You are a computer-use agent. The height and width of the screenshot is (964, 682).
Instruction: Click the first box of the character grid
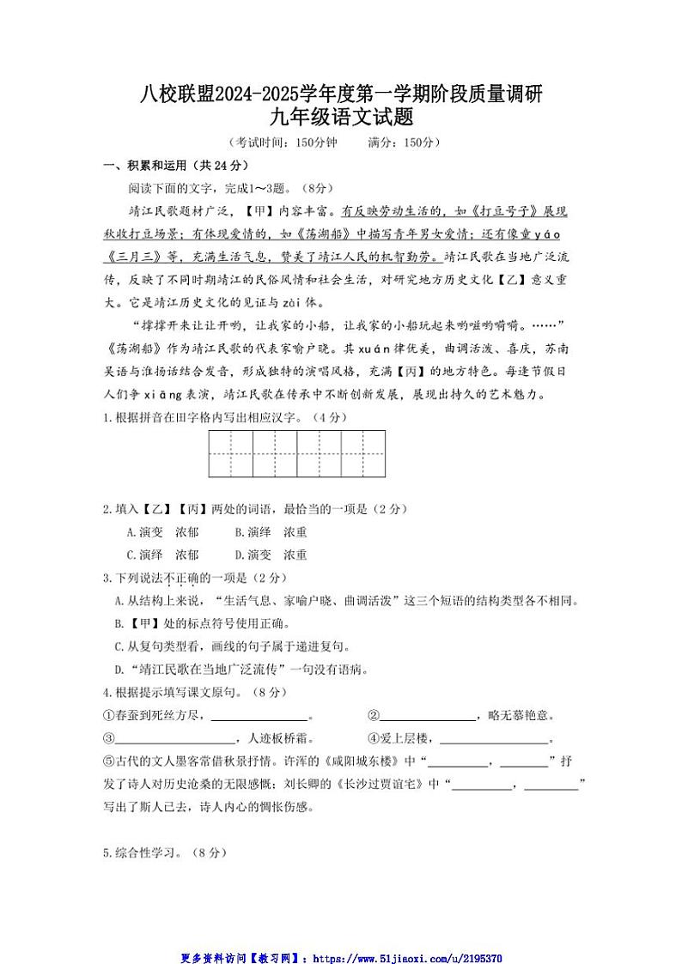click(x=230, y=453)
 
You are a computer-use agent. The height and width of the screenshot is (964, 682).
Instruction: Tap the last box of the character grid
click(x=363, y=453)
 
